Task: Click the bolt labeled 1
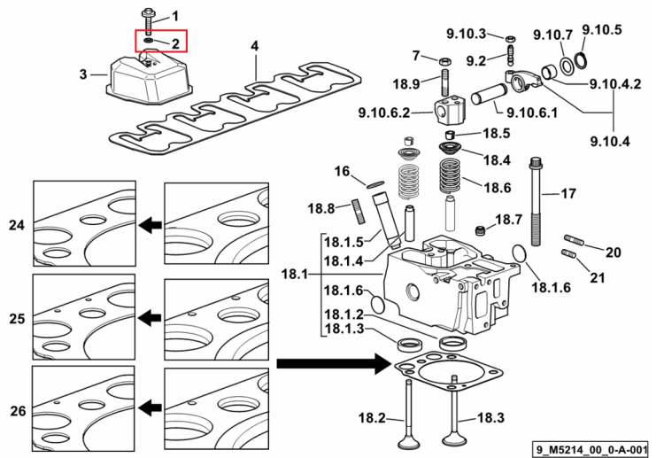[148, 21]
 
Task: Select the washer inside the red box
[149, 40]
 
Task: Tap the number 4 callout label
[254, 46]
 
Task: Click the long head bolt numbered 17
[536, 201]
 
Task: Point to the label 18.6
[498, 187]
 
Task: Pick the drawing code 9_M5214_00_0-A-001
[591, 449]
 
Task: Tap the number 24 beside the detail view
[17, 225]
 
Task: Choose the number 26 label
[18, 410]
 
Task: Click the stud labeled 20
[574, 240]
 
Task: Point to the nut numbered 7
[444, 61]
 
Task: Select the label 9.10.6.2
[384, 113]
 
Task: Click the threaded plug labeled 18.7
[480, 231]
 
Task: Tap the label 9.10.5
[602, 29]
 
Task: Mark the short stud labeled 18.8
[359, 212]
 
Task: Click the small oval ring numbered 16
[375, 184]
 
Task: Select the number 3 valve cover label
[83, 74]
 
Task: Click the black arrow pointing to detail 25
[151, 317]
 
